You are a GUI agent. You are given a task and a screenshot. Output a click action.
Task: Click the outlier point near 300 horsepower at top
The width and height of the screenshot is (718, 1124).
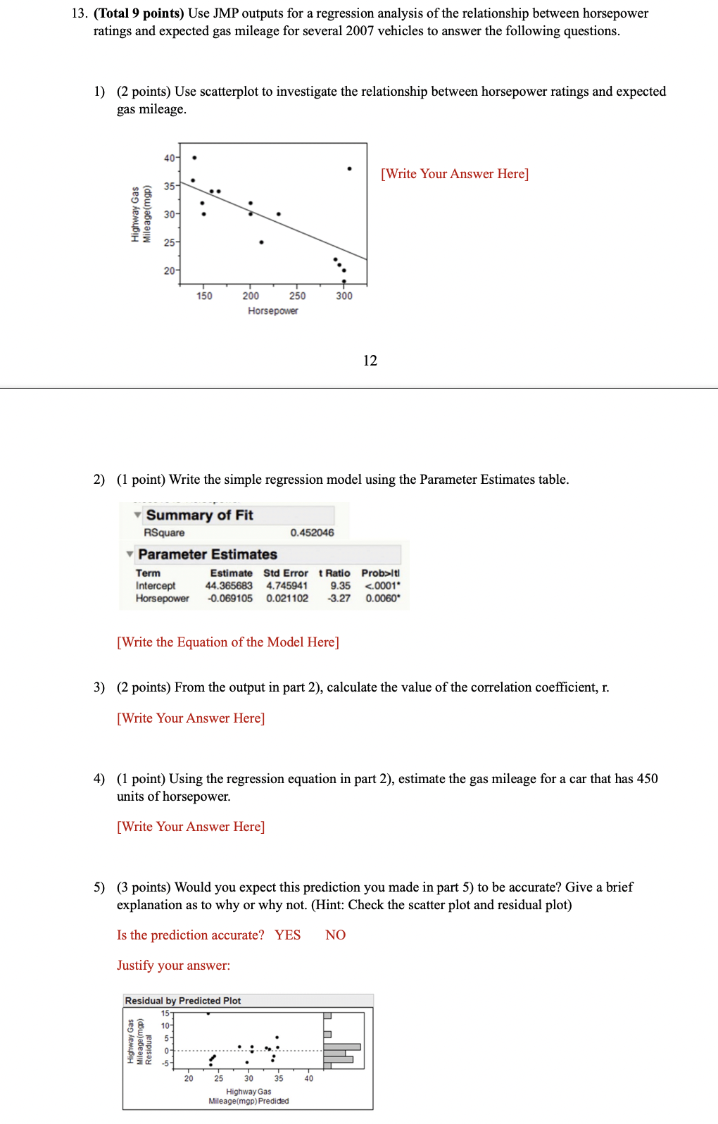click(x=349, y=169)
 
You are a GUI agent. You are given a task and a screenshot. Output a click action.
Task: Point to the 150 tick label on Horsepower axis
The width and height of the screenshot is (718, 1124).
click(x=204, y=296)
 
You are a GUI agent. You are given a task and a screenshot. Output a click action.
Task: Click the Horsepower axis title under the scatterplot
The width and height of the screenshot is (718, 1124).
click(x=272, y=311)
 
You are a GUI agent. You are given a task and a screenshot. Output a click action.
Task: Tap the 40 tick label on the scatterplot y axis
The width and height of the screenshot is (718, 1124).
click(x=170, y=158)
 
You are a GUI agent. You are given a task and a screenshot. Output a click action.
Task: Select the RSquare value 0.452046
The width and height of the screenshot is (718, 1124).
click(x=312, y=532)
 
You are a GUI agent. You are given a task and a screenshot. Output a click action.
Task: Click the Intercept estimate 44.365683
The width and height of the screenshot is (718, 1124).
click(x=229, y=585)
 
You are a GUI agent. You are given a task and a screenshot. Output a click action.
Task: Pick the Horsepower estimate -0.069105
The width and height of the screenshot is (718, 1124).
click(x=229, y=598)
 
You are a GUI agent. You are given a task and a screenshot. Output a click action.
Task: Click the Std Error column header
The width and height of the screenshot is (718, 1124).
click(x=285, y=573)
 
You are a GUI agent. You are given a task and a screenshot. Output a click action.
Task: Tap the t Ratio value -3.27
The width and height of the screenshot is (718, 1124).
click(x=339, y=598)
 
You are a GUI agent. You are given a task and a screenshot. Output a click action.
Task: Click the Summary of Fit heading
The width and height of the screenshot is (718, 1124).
click(x=199, y=515)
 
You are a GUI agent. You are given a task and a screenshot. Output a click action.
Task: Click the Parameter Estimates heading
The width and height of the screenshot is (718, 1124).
click(x=208, y=554)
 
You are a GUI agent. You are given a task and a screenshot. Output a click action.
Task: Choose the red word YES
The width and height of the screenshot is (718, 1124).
click(x=287, y=935)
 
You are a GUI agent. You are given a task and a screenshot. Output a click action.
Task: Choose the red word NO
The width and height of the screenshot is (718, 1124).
click(x=335, y=935)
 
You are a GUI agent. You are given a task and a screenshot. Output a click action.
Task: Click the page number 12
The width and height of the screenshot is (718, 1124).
click(x=370, y=361)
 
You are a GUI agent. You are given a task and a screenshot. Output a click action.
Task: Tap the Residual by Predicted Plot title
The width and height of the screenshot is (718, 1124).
click(x=183, y=1000)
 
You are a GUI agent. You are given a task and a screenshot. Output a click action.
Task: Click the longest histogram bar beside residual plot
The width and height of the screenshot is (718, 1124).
click(x=342, y=1047)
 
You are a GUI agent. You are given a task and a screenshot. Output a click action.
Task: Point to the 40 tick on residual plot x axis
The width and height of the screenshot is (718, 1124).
click(x=308, y=1078)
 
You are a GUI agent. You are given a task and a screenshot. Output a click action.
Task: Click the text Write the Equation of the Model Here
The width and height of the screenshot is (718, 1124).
click(x=228, y=642)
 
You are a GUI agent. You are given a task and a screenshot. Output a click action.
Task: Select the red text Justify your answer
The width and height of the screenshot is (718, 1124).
click(x=173, y=965)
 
